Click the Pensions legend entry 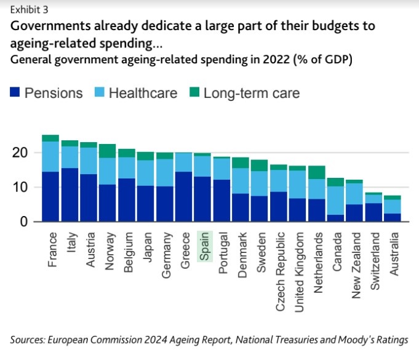(47, 94)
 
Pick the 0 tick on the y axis (25, 222)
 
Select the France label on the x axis (52, 249)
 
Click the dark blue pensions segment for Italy (70, 194)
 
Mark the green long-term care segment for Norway (108, 151)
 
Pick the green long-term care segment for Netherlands (316, 172)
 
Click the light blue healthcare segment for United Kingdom (297, 184)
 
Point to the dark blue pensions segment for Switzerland (373, 212)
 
